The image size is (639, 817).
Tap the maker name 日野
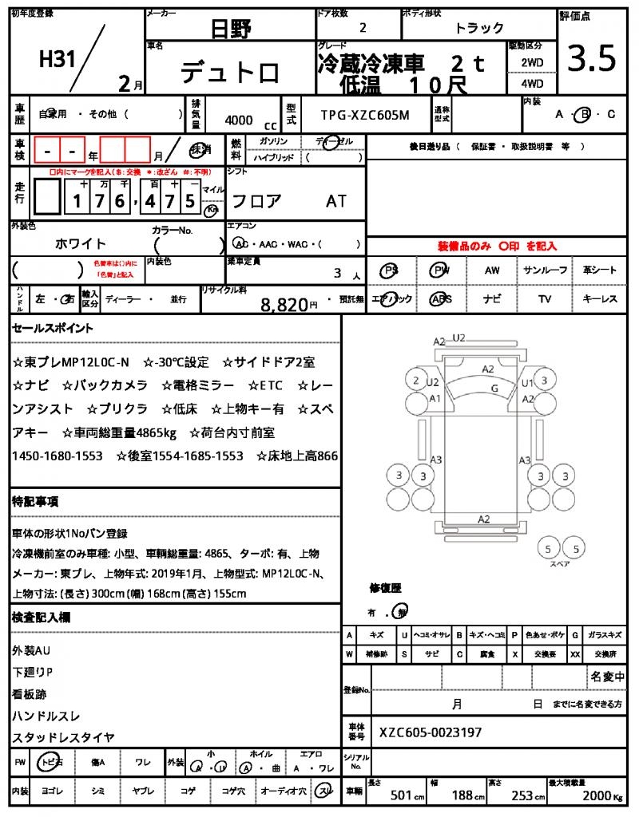click(231, 30)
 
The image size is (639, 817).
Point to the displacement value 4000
click(239, 120)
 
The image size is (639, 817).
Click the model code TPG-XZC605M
click(364, 115)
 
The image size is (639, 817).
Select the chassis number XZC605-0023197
click(431, 732)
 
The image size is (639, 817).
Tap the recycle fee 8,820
click(284, 304)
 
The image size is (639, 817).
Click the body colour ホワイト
click(81, 243)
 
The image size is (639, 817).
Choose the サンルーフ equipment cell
click(546, 270)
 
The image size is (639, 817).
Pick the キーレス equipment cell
click(600, 299)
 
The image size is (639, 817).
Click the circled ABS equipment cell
click(440, 299)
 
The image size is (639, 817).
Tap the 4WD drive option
click(532, 83)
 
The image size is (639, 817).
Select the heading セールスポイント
click(53, 328)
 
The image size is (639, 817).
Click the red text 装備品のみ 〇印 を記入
click(497, 247)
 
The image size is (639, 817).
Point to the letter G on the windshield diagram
click(494, 388)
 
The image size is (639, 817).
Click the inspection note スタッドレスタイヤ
click(64, 737)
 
